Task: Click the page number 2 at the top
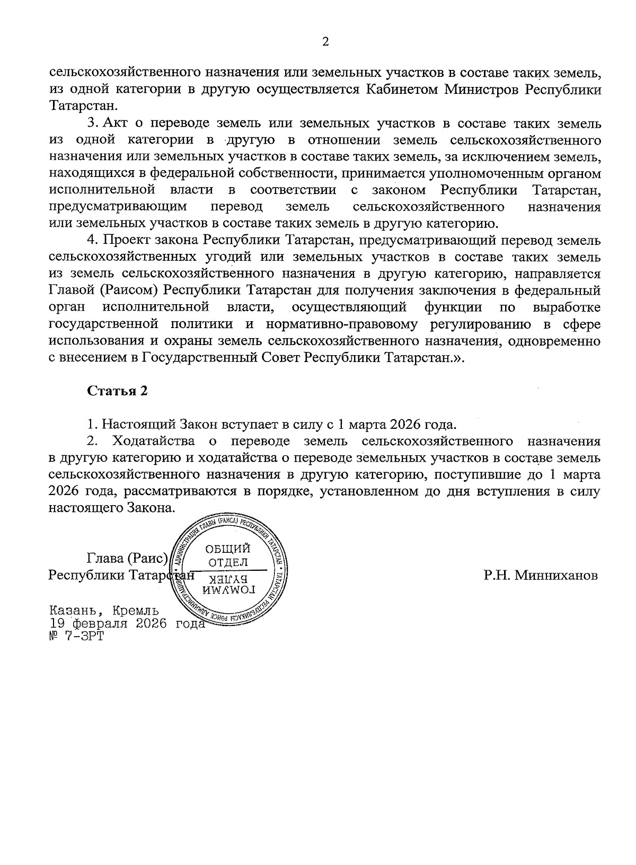click(325, 42)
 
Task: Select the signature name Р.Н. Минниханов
click(541, 575)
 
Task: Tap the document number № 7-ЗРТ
click(76, 636)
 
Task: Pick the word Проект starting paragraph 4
click(124, 240)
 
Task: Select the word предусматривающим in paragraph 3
click(117, 206)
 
